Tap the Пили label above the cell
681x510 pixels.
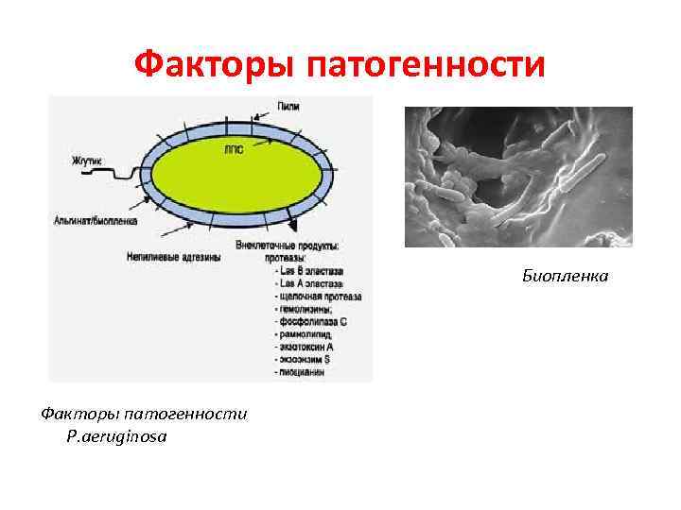pos(289,107)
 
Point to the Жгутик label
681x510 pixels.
pos(87,161)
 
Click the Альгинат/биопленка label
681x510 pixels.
pos(96,221)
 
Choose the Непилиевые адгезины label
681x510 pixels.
pos(173,256)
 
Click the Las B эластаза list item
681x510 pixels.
pos(311,272)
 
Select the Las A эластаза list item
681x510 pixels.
pos(311,284)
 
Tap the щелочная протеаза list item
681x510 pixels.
pos(318,297)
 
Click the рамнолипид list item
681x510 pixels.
pos(306,334)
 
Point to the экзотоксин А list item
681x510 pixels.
pos(308,347)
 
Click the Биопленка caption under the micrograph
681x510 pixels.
pos(566,276)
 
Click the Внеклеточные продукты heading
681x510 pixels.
pos(300,245)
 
